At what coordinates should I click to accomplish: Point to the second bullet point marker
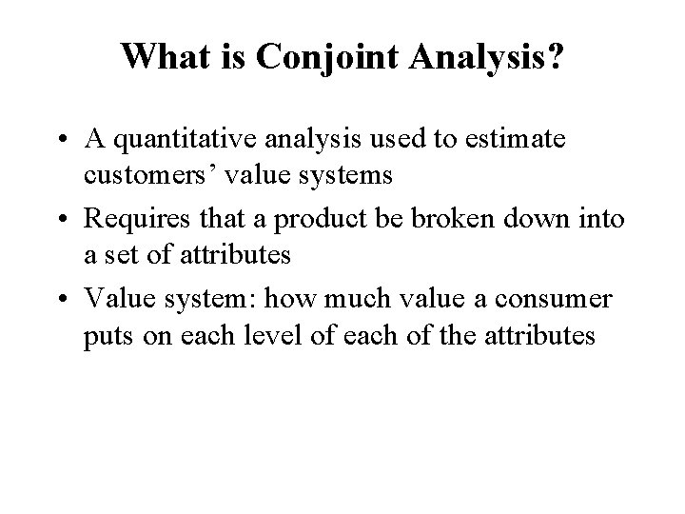[x=62, y=220]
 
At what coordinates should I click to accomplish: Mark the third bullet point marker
[x=62, y=299]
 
